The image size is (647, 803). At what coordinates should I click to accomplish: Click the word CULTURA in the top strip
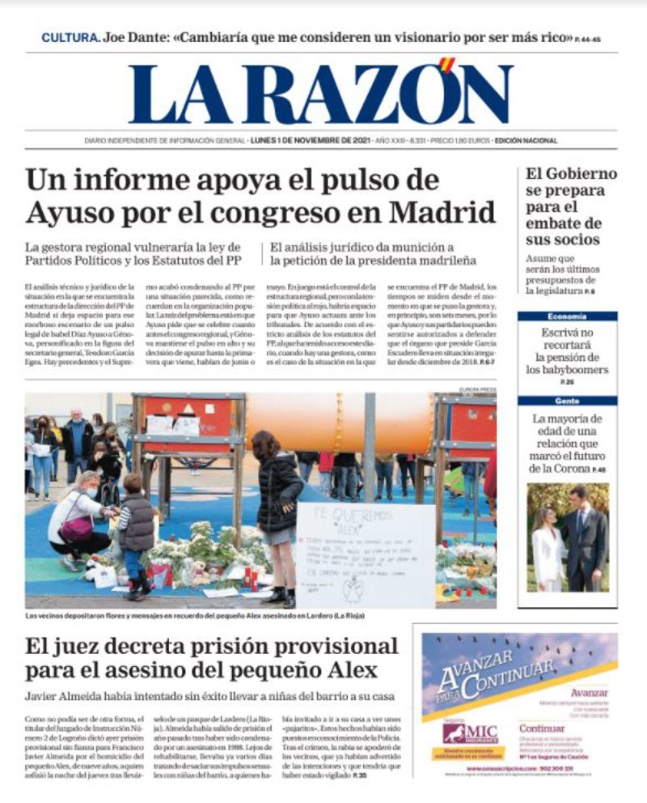tap(70, 38)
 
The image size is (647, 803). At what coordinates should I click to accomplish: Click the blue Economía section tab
tap(567, 317)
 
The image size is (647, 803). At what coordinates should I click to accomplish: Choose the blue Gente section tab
tap(567, 401)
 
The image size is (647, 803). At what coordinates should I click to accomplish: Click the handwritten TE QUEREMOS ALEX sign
tap(365, 554)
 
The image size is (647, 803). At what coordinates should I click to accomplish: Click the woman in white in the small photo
tap(548, 548)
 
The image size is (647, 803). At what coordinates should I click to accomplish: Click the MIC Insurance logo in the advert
tap(470, 733)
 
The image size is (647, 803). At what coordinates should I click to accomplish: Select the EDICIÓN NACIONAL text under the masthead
tap(526, 140)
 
